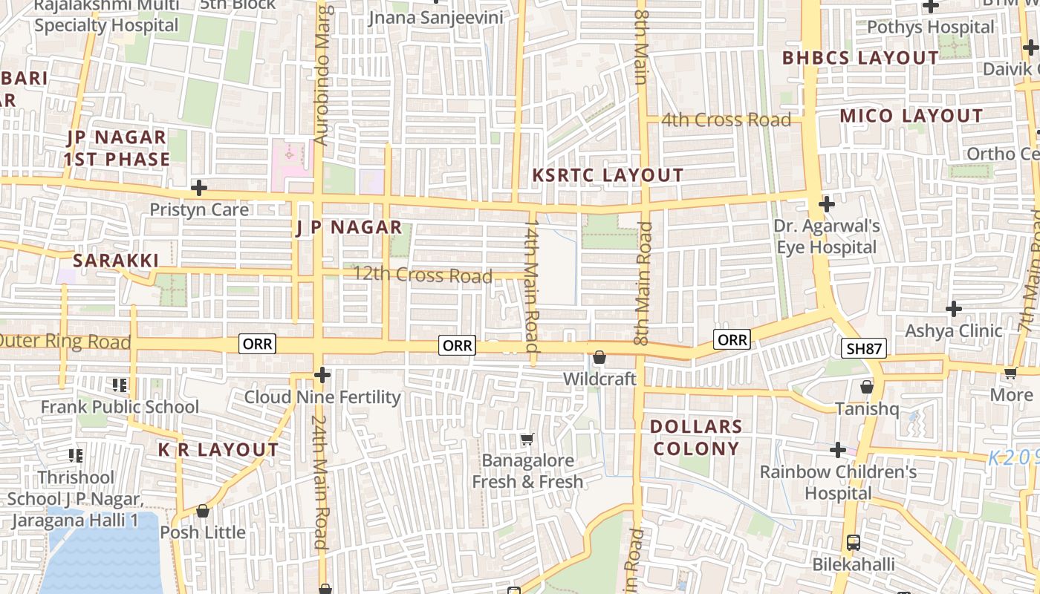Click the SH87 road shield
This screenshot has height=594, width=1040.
[864, 348]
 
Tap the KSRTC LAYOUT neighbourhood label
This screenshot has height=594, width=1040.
[608, 175]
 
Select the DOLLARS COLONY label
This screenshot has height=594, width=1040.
[695, 437]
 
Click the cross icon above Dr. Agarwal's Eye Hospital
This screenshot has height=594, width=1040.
[826, 203]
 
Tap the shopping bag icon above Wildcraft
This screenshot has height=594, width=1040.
[599, 358]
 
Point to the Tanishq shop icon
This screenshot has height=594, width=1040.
[866, 387]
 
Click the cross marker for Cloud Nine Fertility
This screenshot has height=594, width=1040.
[322, 375]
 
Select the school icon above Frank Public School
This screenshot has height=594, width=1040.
[119, 385]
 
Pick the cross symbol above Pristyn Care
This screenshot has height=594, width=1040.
[198, 187]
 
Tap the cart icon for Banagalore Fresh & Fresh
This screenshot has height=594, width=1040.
[527, 439]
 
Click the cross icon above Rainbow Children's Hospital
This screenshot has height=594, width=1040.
[838, 450]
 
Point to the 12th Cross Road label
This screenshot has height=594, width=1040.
[422, 275]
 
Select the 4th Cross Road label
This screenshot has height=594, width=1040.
[726, 120]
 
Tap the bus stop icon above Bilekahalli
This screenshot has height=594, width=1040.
[853, 543]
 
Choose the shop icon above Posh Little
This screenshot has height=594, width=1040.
[202, 511]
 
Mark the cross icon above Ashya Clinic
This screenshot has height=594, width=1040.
[954, 308]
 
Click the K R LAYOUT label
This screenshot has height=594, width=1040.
[218, 450]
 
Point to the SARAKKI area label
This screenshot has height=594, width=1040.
[116, 261]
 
